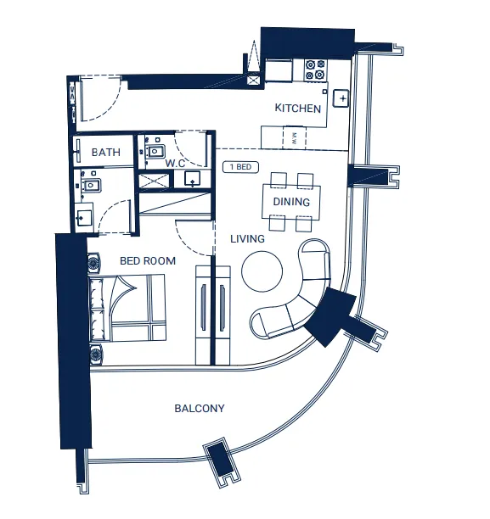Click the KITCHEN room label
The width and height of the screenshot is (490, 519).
point(298,109)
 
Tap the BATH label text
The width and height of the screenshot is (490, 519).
point(106,153)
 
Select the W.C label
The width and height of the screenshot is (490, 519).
point(176,162)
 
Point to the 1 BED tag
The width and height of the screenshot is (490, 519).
point(241,167)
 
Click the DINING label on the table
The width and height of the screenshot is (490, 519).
point(291,202)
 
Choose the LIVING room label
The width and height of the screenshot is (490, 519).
point(247,239)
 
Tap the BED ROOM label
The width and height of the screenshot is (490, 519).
point(148,261)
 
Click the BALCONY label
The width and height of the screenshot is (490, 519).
point(200,409)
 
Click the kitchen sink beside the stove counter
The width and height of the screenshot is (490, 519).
point(341,98)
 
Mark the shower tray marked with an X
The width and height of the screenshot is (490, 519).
point(154,178)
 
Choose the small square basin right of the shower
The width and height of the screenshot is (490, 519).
point(193,179)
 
